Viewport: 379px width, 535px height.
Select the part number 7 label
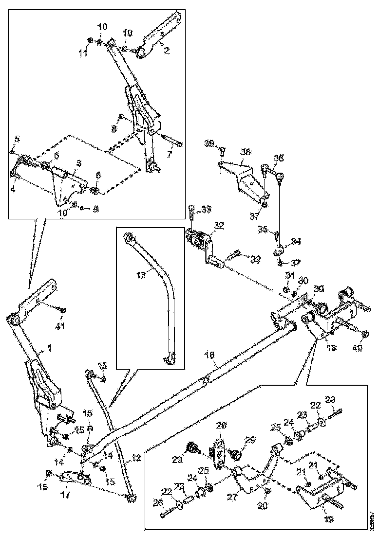pos(169,156)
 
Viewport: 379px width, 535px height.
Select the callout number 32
pos(219,226)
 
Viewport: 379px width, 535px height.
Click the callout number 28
pos(222,425)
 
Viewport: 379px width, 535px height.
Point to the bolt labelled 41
pos(61,310)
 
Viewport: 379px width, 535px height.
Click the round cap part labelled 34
pos(279,250)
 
